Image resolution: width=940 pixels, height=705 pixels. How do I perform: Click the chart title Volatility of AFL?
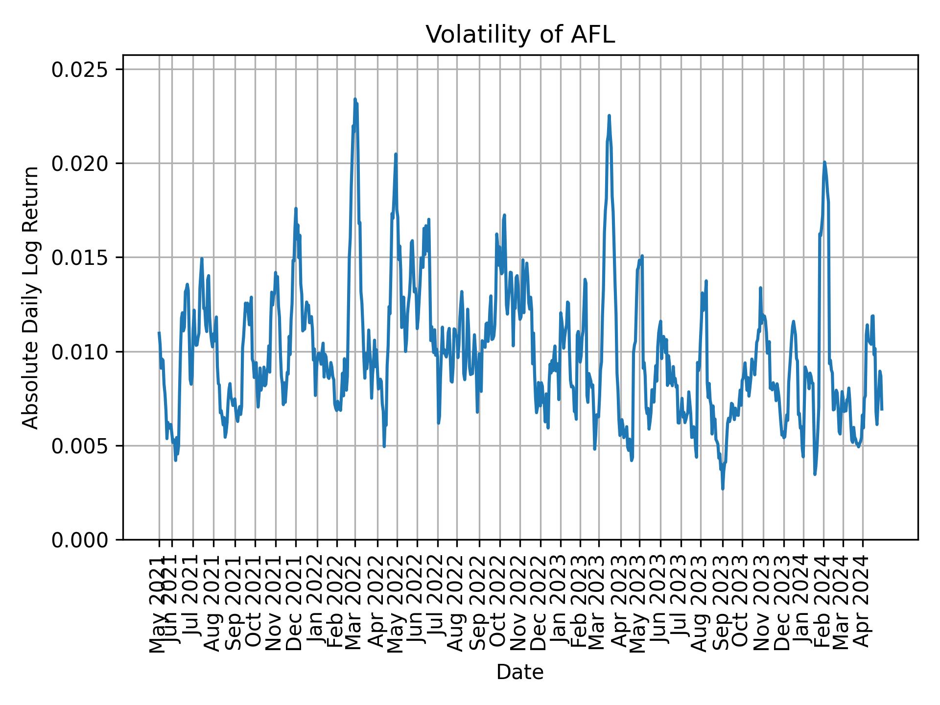click(x=520, y=35)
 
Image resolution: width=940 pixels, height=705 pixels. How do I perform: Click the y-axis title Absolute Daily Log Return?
click(x=31, y=297)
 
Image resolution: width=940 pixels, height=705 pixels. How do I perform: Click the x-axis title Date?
click(x=520, y=672)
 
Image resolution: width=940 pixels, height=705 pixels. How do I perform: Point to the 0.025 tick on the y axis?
click(x=79, y=70)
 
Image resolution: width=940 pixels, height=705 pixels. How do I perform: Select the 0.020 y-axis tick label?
click(x=79, y=164)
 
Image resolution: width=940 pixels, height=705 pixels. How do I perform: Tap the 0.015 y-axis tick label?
click(x=79, y=258)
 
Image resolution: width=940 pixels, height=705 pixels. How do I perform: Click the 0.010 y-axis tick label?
click(x=79, y=352)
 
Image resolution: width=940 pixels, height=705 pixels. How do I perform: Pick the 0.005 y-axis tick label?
click(x=79, y=446)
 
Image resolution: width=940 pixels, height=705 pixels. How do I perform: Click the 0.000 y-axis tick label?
click(x=79, y=540)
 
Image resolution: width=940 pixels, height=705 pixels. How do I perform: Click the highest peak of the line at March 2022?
click(x=355, y=99)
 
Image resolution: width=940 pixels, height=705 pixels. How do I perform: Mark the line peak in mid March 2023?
click(x=609, y=116)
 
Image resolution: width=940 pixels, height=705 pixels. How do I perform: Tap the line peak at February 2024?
click(x=824, y=162)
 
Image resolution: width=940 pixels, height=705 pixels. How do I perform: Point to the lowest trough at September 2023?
click(x=723, y=489)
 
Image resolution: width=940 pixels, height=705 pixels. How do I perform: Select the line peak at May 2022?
click(x=396, y=154)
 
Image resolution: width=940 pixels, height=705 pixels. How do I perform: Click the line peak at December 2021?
click(x=296, y=209)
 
